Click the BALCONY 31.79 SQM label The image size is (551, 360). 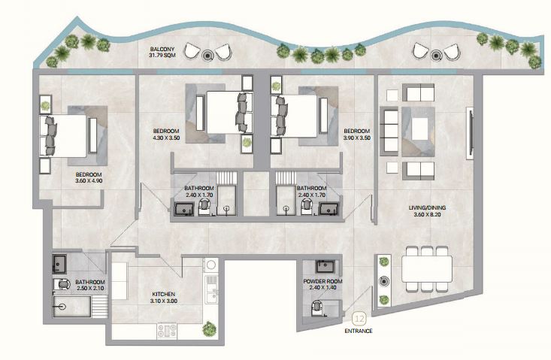click(x=162, y=52)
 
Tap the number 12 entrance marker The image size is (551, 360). click(x=359, y=319)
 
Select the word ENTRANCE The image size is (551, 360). click(x=359, y=331)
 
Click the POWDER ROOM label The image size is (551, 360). click(x=322, y=281)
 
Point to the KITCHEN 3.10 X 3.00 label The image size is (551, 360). click(x=164, y=298)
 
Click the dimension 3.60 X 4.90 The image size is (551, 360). click(x=89, y=181)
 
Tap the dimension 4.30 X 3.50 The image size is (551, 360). click(x=166, y=138)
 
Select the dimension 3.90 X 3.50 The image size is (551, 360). click(x=356, y=138)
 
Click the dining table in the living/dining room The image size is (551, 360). click(x=427, y=269)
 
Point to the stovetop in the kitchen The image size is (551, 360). click(x=167, y=331)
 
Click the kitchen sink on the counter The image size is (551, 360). click(x=211, y=289)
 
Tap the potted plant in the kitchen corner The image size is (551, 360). click(x=210, y=328)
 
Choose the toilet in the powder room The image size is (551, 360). click(x=317, y=308)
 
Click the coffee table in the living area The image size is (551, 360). click(x=419, y=129)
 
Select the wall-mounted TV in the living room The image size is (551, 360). click(x=469, y=134)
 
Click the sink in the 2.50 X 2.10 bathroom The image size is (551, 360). click(x=59, y=264)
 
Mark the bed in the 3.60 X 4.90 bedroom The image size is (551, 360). click(x=63, y=136)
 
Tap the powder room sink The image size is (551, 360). click(x=327, y=267)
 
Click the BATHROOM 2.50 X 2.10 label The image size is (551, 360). click(x=90, y=285)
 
